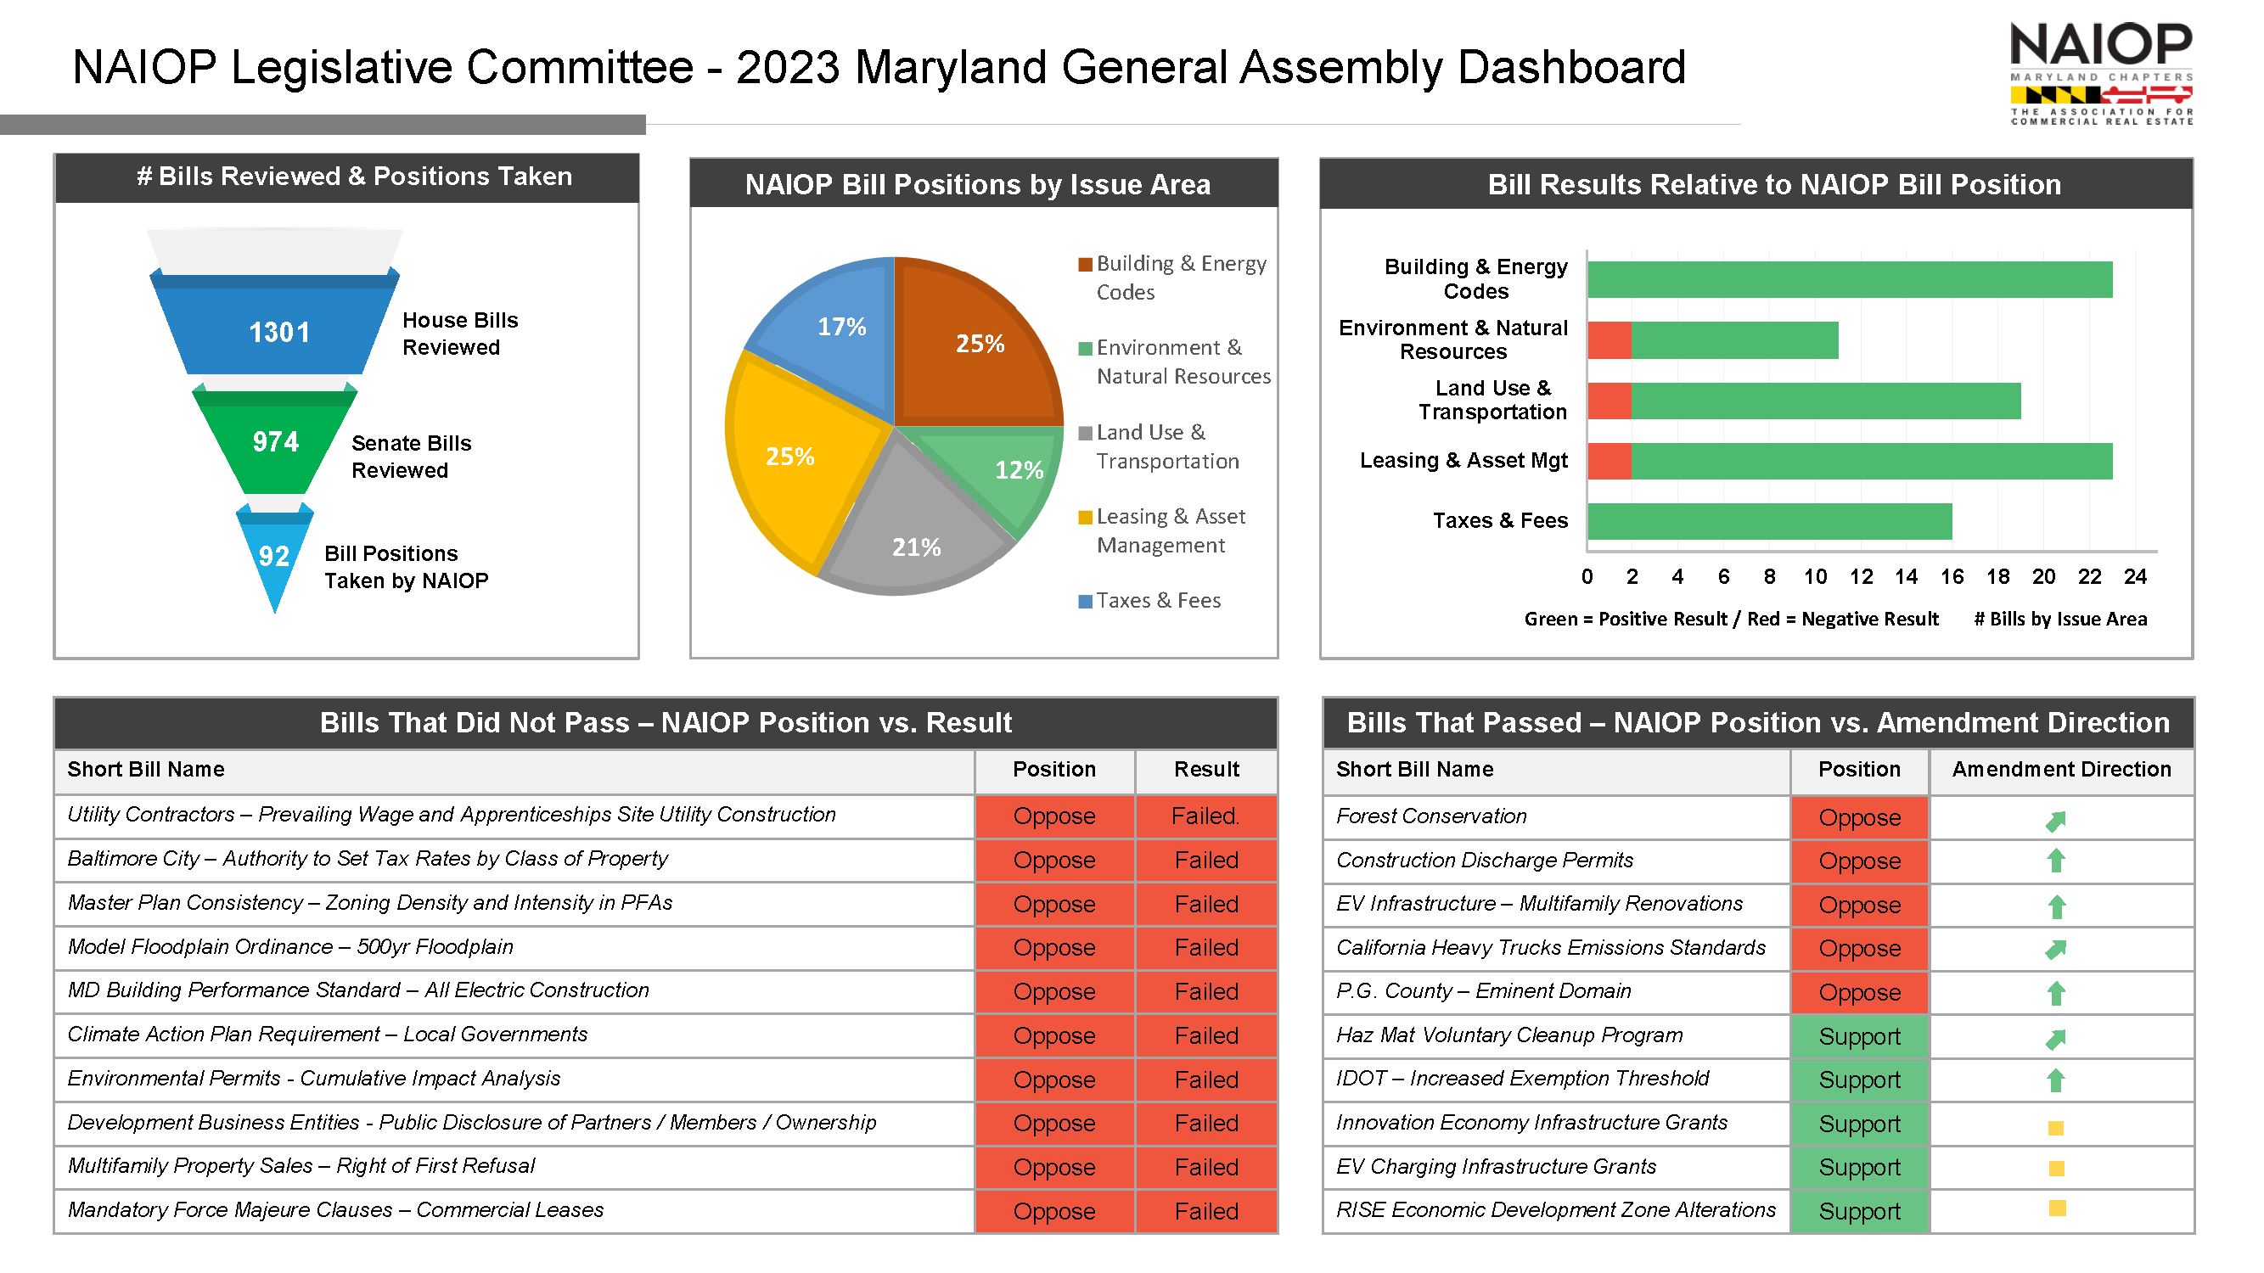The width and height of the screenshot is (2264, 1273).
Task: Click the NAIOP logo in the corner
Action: (2100, 74)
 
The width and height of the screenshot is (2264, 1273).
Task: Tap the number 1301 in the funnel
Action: (279, 332)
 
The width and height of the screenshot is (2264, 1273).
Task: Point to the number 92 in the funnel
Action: (273, 556)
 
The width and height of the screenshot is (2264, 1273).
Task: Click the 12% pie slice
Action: (1002, 470)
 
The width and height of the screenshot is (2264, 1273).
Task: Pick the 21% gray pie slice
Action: (914, 527)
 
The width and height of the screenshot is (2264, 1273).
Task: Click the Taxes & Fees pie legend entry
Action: (1149, 601)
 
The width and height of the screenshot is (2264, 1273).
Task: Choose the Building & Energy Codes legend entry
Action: (1172, 278)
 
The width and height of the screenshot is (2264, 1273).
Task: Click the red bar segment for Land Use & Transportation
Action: (1610, 401)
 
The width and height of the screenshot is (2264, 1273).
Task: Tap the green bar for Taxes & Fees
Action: (1769, 521)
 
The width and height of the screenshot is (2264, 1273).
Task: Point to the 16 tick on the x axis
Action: (1952, 576)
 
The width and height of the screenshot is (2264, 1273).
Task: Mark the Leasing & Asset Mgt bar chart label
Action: (1463, 460)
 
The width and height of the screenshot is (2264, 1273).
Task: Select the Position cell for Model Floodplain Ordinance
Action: (1053, 948)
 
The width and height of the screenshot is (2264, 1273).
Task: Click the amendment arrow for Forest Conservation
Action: (2055, 821)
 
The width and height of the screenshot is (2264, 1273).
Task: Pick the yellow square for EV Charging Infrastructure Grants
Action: (2056, 1169)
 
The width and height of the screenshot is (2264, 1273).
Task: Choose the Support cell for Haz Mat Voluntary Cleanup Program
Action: (1859, 1037)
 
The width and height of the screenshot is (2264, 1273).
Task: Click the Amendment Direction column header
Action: (2061, 770)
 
